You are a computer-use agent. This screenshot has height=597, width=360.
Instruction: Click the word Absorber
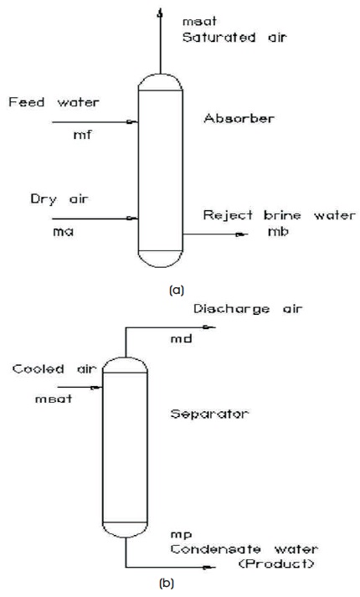(239, 118)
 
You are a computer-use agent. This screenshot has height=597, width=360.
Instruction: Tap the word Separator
(209, 414)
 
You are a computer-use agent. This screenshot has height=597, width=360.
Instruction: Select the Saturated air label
(234, 38)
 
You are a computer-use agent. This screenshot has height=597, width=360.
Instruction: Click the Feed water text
(54, 102)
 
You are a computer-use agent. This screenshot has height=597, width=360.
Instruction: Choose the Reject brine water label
(280, 215)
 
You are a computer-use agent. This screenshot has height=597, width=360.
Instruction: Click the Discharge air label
(248, 309)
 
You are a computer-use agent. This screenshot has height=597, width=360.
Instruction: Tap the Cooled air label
(54, 369)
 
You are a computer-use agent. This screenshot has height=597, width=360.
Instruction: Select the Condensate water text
(244, 549)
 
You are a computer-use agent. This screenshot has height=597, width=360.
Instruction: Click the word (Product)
(276, 564)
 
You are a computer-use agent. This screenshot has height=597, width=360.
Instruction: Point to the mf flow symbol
(82, 135)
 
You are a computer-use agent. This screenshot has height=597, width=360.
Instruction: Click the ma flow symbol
(63, 232)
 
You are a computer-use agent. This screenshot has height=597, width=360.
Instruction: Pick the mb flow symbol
(278, 231)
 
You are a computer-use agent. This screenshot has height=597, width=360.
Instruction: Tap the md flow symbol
(181, 338)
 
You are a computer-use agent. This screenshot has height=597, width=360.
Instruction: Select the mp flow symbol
(181, 536)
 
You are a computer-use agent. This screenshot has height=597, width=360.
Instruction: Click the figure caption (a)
(176, 291)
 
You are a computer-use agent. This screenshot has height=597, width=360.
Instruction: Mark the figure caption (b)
(167, 583)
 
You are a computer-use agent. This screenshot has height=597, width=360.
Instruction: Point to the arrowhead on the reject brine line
(240, 234)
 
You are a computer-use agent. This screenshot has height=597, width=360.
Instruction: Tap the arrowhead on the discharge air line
(208, 327)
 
